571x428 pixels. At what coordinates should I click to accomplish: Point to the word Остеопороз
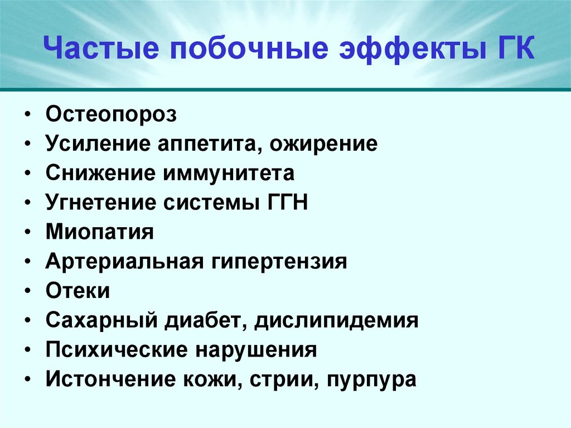112,115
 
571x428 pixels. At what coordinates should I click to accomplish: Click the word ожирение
325,144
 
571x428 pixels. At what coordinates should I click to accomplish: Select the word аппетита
211,144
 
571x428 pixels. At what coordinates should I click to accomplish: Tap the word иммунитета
229,174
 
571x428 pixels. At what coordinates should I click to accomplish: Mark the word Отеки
78,291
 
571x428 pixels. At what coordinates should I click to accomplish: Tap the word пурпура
372,379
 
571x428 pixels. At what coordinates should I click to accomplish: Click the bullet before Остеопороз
28,116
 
